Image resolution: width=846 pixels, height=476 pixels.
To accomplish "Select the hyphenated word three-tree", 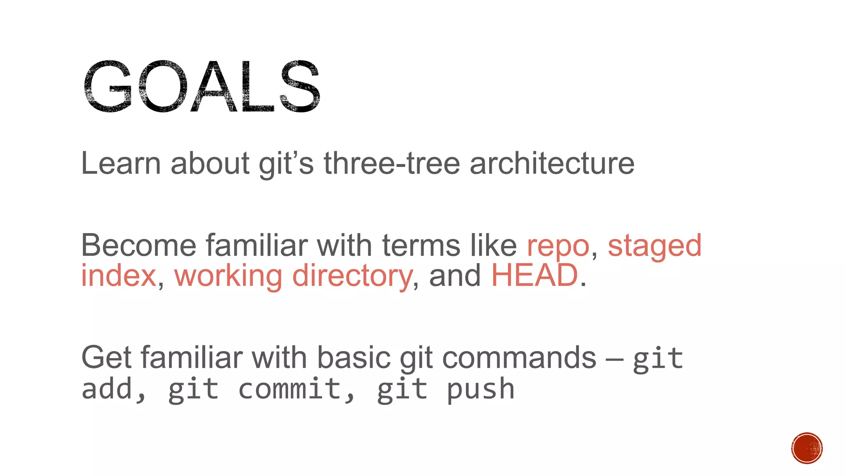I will click(392, 164).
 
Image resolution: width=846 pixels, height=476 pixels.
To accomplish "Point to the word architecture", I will click(552, 164).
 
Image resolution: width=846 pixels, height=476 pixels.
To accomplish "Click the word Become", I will click(138, 245).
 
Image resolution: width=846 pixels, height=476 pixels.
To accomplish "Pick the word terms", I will click(421, 245).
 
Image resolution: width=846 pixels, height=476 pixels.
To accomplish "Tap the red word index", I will click(118, 276).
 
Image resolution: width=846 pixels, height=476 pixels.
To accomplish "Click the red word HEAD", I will click(535, 275).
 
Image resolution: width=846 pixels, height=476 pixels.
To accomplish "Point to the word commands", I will click(519, 358).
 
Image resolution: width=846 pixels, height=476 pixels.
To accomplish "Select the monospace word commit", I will click(290, 389).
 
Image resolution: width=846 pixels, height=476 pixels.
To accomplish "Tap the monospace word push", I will click(481, 390).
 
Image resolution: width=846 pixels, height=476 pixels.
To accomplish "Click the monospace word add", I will click(107, 389).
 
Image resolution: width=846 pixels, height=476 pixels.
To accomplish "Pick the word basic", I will click(354, 358).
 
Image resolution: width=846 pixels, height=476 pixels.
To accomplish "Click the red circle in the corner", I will click(807, 448).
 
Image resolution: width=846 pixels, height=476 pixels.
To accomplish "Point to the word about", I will click(210, 164).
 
